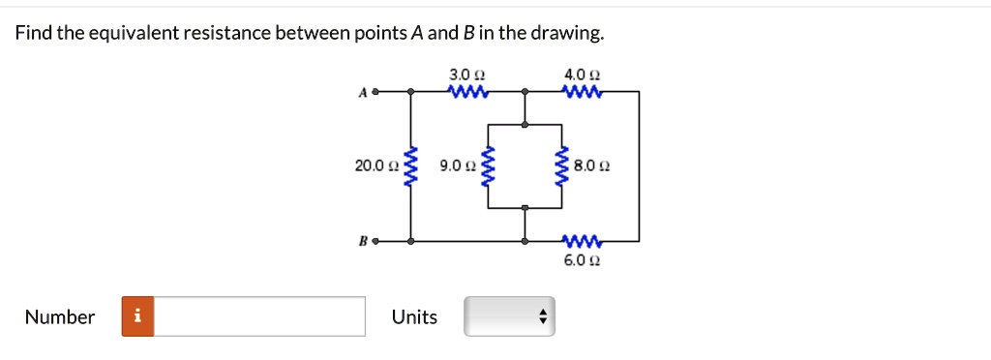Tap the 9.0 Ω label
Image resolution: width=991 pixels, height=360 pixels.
pyautogui.click(x=456, y=166)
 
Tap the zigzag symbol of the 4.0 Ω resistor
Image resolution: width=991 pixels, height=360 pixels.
pyautogui.click(x=583, y=93)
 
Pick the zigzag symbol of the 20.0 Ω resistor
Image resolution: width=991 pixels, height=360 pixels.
pyautogui.click(x=411, y=166)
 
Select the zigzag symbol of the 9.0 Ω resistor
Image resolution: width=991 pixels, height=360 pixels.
pyautogui.click(x=488, y=166)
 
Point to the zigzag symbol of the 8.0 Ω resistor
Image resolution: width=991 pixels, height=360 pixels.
pyautogui.click(x=561, y=166)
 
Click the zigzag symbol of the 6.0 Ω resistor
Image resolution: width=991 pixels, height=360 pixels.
pyautogui.click(x=583, y=240)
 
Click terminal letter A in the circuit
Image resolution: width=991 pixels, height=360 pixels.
pyautogui.click(x=363, y=93)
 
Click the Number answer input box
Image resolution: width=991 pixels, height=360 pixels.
pyautogui.click(x=259, y=316)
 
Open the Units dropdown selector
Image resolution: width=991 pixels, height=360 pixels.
pyautogui.click(x=509, y=316)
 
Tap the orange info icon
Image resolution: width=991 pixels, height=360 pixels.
pyautogui.click(x=137, y=316)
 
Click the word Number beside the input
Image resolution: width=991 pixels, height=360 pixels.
pyautogui.click(x=60, y=316)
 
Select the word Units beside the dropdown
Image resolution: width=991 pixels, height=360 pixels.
pyautogui.click(x=414, y=316)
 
